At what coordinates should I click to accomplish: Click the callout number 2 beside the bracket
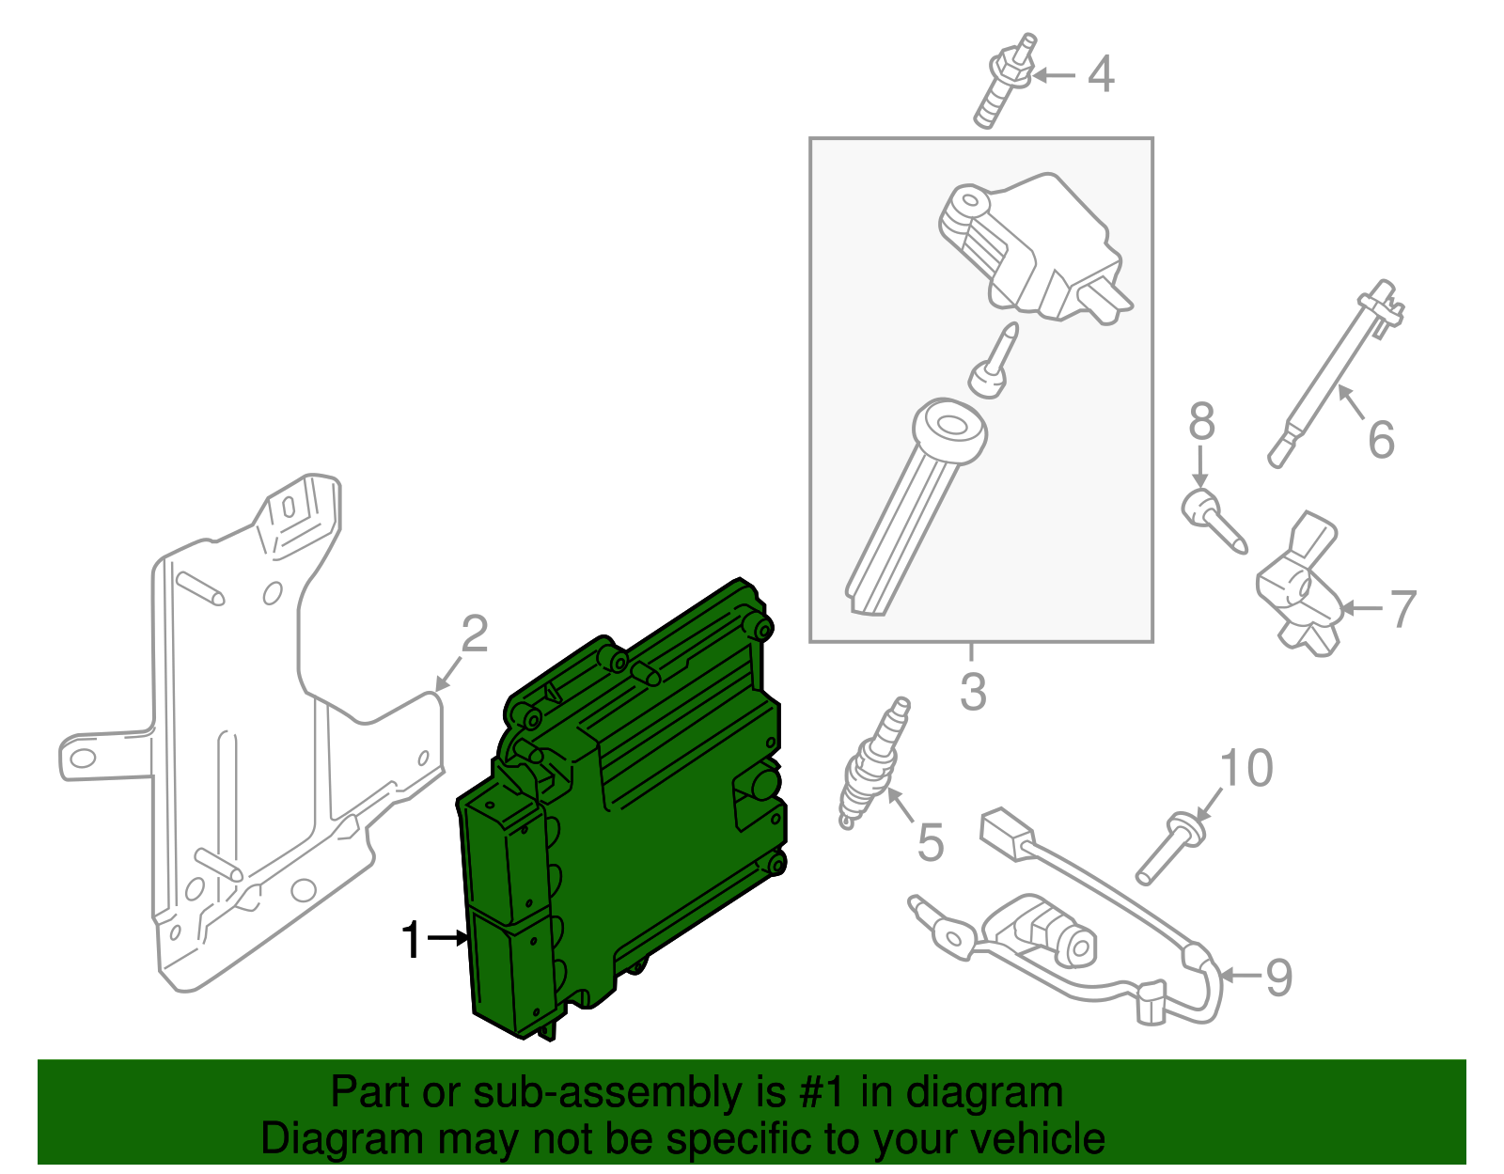click(x=474, y=634)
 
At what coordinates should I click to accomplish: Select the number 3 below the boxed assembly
click(x=973, y=693)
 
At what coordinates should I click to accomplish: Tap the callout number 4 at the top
click(x=1100, y=75)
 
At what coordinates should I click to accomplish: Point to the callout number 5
click(x=929, y=842)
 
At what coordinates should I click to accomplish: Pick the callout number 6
click(x=1380, y=440)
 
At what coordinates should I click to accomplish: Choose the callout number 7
click(x=1402, y=609)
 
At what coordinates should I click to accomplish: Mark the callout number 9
click(x=1278, y=978)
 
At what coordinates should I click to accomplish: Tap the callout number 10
click(x=1245, y=769)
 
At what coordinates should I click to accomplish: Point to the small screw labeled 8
click(x=1213, y=522)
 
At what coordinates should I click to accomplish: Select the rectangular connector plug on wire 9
click(x=1006, y=832)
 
